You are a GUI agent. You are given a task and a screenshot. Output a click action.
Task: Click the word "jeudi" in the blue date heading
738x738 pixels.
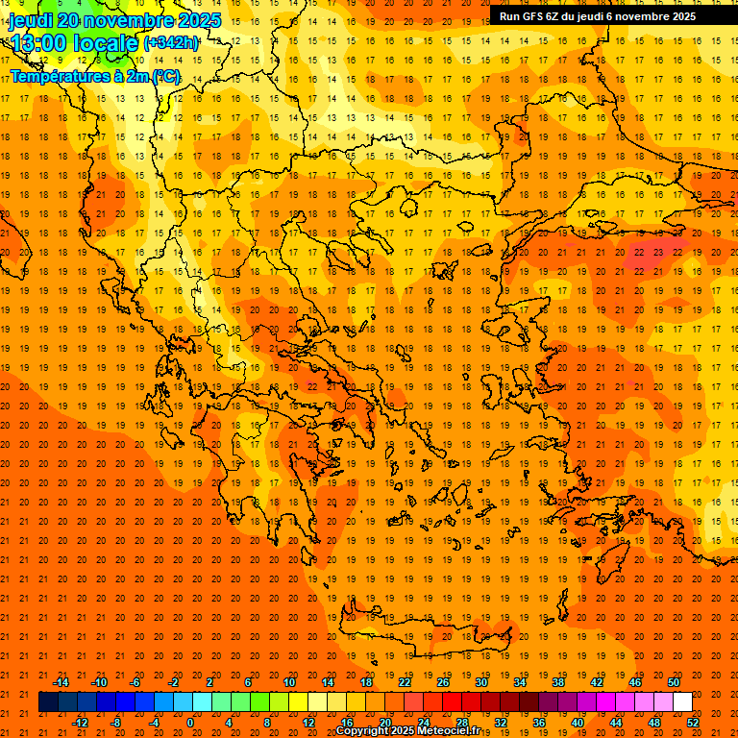32,20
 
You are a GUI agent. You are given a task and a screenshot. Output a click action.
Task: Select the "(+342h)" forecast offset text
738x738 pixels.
171,43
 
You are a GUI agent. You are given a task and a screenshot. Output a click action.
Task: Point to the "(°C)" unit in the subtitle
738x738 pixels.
165,76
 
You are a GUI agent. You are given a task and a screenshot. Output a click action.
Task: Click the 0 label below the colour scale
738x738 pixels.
190,722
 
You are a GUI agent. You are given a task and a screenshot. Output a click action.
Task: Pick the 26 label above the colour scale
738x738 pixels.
443,682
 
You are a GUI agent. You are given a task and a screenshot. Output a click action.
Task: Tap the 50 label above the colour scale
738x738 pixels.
674,682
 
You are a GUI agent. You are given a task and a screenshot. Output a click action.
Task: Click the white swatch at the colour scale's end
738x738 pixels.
682,702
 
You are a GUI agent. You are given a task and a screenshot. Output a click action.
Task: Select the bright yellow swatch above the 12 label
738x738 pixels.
298,702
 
